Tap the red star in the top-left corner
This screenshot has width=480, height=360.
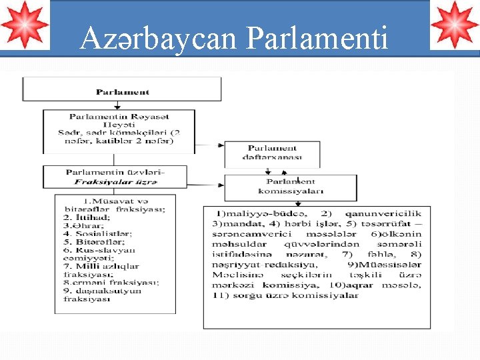24,25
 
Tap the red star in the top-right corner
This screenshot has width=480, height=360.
455,25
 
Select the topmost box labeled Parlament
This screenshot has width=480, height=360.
122,91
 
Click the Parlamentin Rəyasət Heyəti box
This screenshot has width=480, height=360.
119,128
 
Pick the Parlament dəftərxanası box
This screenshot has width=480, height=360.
272,153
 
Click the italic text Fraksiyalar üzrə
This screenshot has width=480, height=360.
115,181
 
